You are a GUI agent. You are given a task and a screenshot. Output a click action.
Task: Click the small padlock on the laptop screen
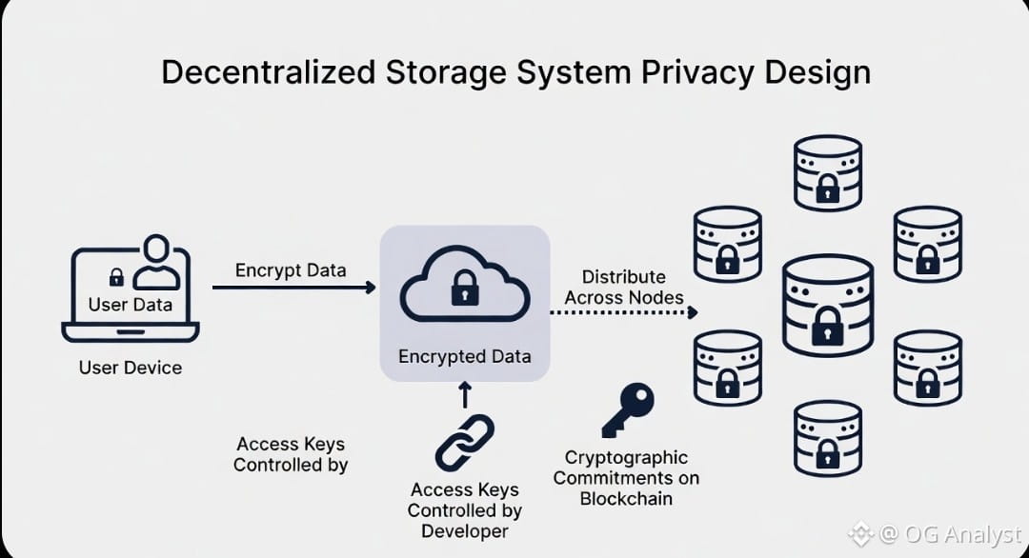116,277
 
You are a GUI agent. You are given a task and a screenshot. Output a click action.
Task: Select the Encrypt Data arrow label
291,269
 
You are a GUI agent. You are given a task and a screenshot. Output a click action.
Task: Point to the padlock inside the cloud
465,288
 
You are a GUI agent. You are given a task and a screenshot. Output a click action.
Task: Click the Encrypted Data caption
465,357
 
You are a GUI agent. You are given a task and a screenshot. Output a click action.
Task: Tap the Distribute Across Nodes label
624,287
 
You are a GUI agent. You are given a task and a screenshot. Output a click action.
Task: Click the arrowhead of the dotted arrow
694,312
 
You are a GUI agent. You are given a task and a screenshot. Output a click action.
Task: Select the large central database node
828,306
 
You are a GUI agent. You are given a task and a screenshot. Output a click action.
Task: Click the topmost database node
828,172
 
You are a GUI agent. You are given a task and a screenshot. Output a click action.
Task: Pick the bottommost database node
828,437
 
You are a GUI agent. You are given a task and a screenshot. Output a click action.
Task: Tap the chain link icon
465,443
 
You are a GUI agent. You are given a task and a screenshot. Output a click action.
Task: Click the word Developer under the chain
465,531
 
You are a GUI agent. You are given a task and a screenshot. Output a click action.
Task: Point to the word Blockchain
626,498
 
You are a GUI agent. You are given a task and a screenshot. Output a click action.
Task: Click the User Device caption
131,368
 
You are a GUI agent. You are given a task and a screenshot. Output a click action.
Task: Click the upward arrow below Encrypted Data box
465,394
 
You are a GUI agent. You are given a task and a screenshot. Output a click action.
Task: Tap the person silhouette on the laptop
155,264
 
